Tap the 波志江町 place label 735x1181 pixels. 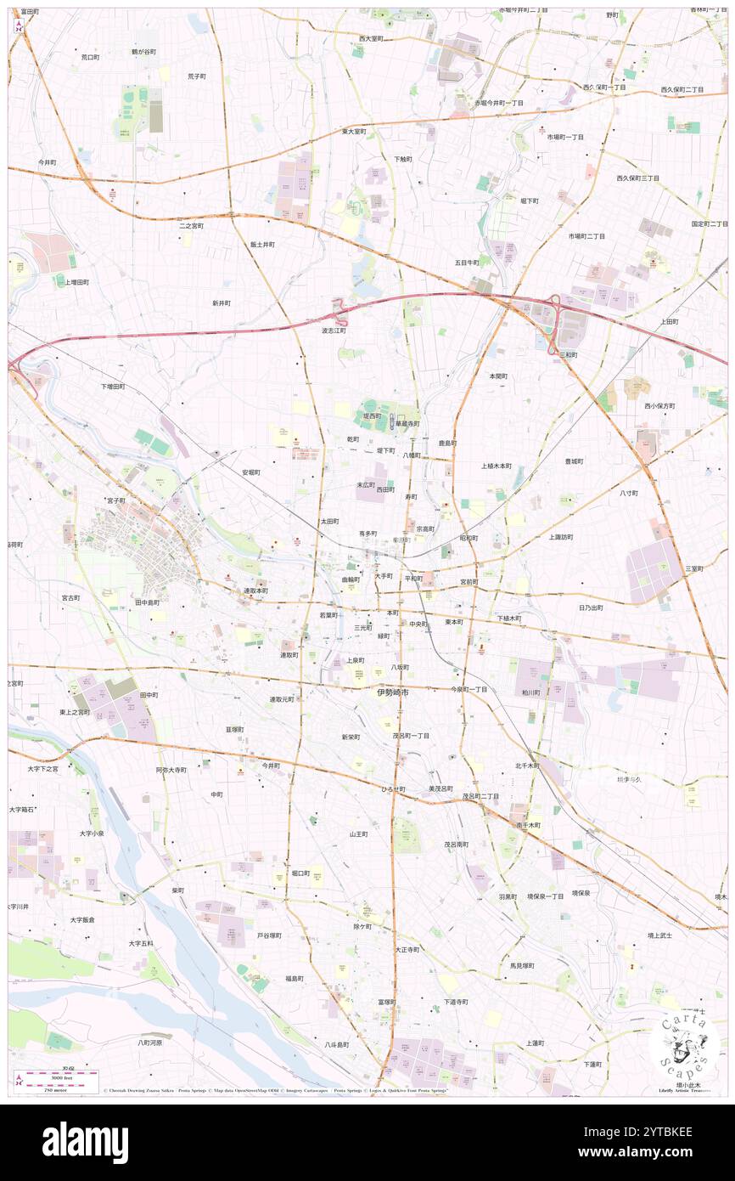coord(334,331)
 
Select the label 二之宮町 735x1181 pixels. coord(191,226)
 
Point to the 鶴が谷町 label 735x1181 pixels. coord(143,52)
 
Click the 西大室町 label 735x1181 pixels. coord(371,39)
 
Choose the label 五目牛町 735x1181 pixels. coord(467,263)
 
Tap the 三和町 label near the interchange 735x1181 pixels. coord(569,355)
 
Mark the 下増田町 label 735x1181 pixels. coord(113,386)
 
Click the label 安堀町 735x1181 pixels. coord(250,472)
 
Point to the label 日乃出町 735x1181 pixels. coord(591,607)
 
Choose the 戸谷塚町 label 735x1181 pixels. coord(269,935)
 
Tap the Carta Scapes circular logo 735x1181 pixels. coord(684,1044)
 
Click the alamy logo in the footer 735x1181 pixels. coord(85,1142)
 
